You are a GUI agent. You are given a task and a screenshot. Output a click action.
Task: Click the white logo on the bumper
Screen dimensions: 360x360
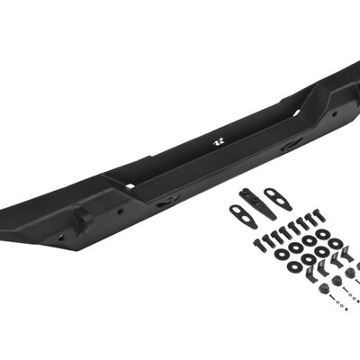(x=219, y=142)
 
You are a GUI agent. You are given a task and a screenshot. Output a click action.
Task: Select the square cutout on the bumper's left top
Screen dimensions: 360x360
(x=129, y=186)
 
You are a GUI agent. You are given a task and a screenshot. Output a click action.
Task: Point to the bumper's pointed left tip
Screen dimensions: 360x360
(x=4, y=220)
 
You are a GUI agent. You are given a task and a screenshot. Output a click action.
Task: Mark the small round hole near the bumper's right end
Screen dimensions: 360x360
(x=334, y=114)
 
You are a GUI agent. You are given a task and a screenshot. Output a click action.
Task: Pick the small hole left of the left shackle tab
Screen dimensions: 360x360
(x=61, y=238)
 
